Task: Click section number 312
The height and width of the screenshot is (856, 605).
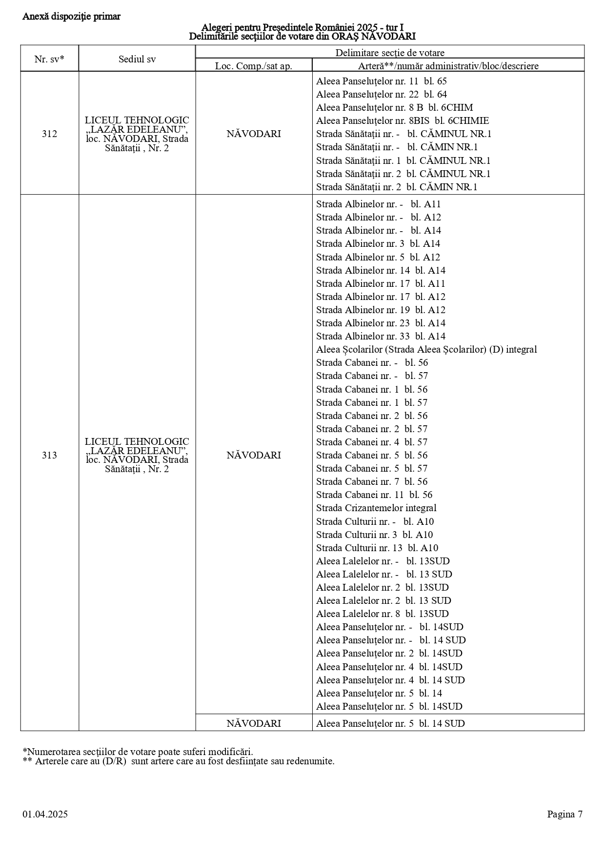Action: tap(49, 134)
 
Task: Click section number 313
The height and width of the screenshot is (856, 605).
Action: tap(49, 455)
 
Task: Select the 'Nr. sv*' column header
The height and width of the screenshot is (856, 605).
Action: tap(49, 59)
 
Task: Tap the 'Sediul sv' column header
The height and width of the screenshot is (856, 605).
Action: tap(137, 59)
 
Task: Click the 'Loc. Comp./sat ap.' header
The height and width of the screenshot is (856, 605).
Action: tap(254, 66)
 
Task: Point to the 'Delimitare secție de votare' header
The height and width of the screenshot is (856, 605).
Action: tap(389, 53)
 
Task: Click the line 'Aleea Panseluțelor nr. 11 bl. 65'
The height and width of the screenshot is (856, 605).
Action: tap(381, 81)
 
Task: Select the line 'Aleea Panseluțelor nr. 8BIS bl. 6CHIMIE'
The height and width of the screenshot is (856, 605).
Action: tap(402, 120)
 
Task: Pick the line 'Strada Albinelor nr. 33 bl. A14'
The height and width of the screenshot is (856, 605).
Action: tap(381, 336)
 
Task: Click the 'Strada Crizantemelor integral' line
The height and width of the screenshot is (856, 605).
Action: tap(376, 508)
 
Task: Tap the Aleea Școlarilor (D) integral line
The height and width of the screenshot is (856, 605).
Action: tap(426, 349)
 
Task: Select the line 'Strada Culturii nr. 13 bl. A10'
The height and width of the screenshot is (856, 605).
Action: tap(377, 548)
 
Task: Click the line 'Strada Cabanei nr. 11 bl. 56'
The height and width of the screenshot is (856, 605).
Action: tap(374, 495)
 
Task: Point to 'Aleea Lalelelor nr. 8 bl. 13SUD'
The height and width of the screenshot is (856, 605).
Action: tap(382, 614)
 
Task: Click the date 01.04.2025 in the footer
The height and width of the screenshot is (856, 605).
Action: tap(45, 814)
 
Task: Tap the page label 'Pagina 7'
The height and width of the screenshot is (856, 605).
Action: tap(565, 814)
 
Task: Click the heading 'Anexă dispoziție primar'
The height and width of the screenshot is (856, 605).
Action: tap(71, 17)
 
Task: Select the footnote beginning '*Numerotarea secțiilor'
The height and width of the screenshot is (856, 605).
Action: tap(138, 752)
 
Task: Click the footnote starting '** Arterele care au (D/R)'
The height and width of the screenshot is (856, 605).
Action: tap(179, 761)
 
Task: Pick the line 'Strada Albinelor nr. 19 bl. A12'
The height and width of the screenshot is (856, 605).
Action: tap(381, 310)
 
